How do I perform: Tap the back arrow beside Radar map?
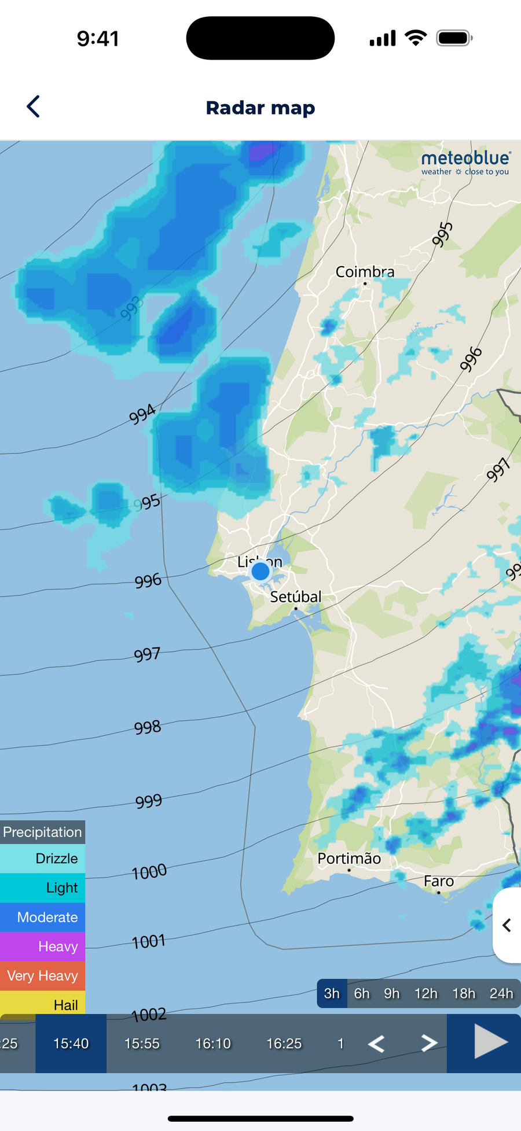[34, 107]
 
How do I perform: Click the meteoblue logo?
[465, 163]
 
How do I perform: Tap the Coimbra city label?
[365, 272]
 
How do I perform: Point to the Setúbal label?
[296, 597]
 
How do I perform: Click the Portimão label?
[349, 859]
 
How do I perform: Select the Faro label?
[439, 882]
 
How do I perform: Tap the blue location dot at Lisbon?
[260, 572]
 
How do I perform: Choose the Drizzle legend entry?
[43, 859]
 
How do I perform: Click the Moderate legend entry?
[43, 917]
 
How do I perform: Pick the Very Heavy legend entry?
[43, 975]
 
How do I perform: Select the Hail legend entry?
[43, 1005]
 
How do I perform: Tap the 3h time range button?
[332, 993]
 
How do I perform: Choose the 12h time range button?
[425, 993]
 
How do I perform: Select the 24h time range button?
[501, 993]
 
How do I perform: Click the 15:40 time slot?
[71, 1043]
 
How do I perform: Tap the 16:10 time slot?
[213, 1043]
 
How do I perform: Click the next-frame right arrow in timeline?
[429, 1043]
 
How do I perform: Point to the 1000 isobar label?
[149, 872]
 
